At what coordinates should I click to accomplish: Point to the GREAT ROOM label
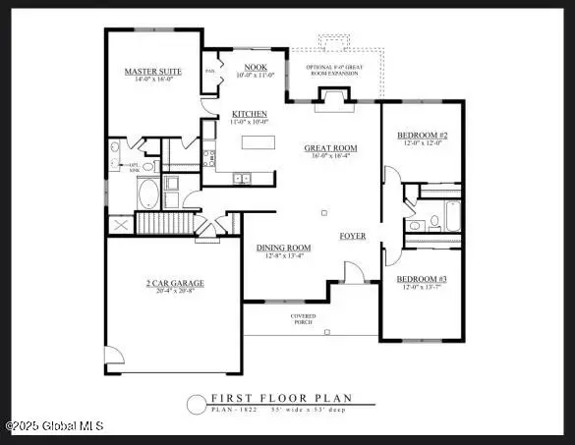(x=330, y=148)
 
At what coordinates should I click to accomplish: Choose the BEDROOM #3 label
(x=423, y=279)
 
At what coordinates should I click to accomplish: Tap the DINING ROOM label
(x=284, y=248)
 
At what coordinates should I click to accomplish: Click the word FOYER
(x=353, y=236)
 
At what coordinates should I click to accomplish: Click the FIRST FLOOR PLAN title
(x=280, y=398)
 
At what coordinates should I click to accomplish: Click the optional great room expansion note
(x=334, y=69)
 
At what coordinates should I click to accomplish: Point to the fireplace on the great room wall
(x=332, y=95)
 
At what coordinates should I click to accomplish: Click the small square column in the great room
(x=323, y=212)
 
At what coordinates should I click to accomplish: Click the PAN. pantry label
(x=209, y=72)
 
